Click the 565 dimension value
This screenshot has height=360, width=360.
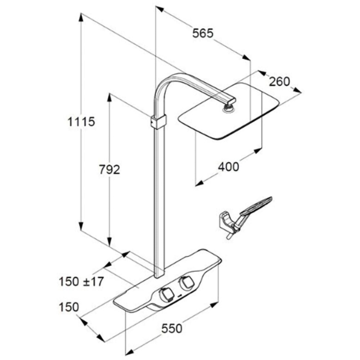click(x=203, y=33)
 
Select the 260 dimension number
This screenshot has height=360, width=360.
click(x=279, y=82)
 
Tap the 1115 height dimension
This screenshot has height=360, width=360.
click(x=81, y=122)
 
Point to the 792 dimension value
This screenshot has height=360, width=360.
click(x=109, y=169)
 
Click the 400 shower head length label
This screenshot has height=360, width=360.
click(x=228, y=167)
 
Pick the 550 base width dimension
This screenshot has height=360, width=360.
click(x=172, y=328)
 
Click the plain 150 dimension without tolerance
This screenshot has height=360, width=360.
click(x=69, y=307)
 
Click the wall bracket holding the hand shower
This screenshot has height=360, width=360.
click(x=225, y=220)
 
